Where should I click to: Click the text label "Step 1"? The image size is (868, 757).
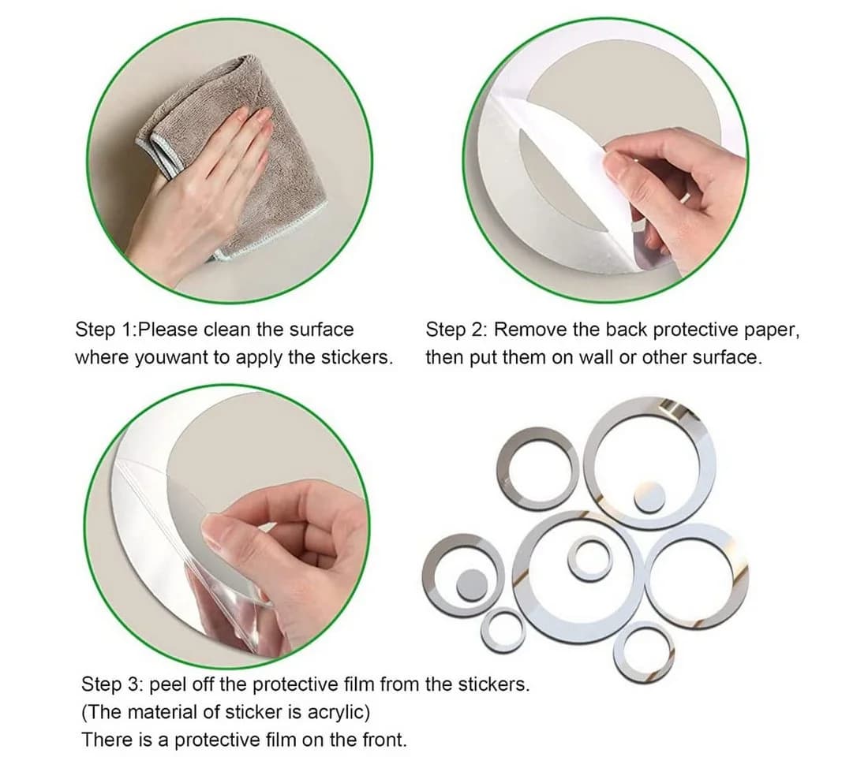click(103, 330)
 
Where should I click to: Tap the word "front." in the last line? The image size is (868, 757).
click(385, 740)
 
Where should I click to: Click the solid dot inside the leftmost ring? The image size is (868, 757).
click(472, 584)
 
